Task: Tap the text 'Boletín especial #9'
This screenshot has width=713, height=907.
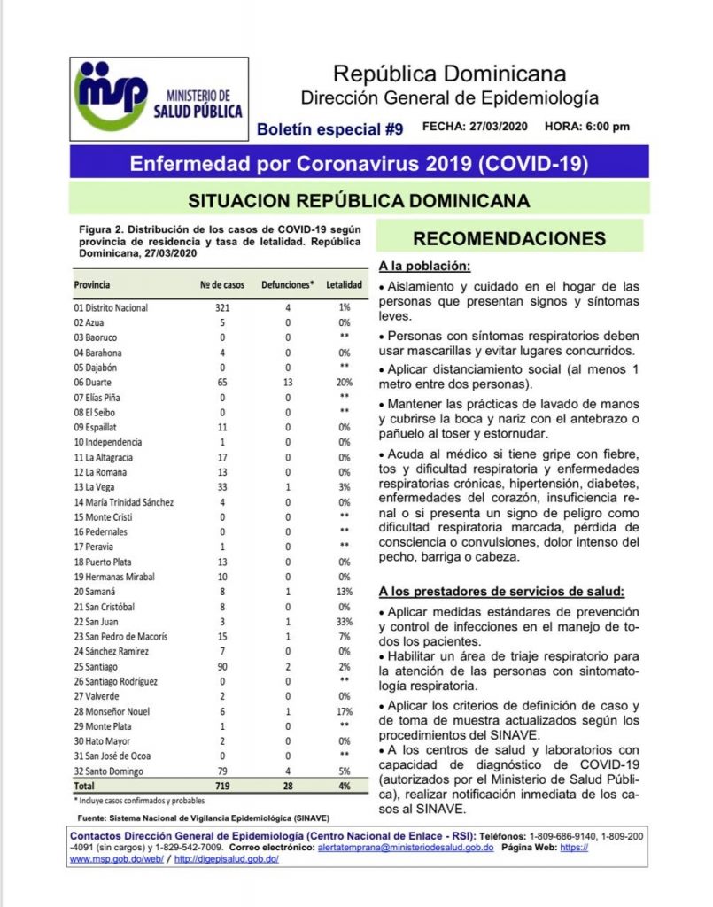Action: pyautogui.click(x=329, y=129)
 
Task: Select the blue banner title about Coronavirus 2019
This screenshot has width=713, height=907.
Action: pyautogui.click(x=359, y=164)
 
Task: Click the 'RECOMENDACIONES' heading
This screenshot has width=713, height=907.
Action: pyautogui.click(x=509, y=239)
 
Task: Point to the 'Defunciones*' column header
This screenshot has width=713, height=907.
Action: pyautogui.click(x=288, y=285)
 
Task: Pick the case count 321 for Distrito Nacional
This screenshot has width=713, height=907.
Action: pyautogui.click(x=222, y=307)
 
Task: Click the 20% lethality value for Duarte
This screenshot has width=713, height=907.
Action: pyautogui.click(x=344, y=383)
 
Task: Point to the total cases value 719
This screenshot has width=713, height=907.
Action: pyautogui.click(x=222, y=786)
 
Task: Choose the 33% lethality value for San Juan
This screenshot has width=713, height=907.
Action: pyautogui.click(x=344, y=622)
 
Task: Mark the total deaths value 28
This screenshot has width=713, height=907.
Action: pyautogui.click(x=288, y=786)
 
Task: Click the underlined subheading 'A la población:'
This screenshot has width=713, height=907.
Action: pyautogui.click(x=424, y=267)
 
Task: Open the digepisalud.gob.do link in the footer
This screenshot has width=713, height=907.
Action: pyautogui.click(x=227, y=860)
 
